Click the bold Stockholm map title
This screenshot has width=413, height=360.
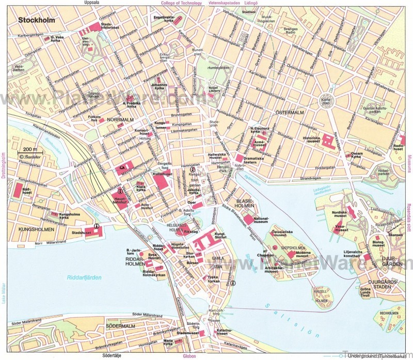coord(38,21)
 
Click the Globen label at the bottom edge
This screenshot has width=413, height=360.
coord(189,356)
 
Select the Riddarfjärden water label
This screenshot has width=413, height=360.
coord(84,278)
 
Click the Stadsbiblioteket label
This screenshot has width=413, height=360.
coord(110,26)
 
